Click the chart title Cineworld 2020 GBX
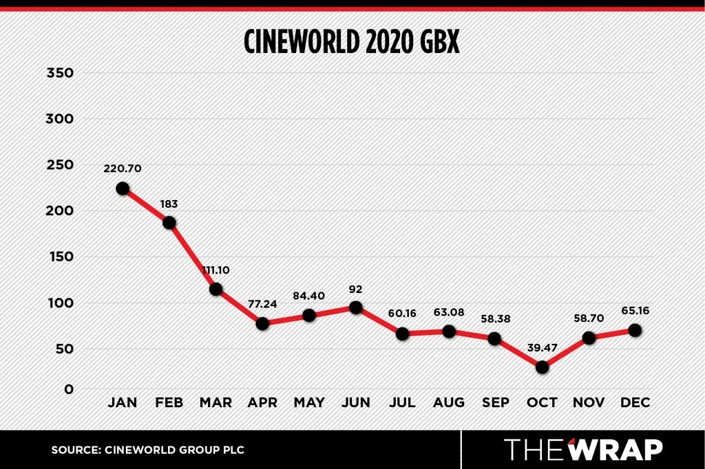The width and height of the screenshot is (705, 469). [x=352, y=42]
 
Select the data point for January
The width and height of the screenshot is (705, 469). [x=123, y=188]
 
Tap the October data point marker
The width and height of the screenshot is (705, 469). [x=543, y=367]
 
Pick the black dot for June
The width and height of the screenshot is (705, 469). [x=356, y=307]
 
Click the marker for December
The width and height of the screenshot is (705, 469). [x=635, y=330]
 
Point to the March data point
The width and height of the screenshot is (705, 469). [x=215, y=289]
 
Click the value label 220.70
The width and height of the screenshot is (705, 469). [x=123, y=168]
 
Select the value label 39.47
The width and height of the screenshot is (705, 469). [x=543, y=348]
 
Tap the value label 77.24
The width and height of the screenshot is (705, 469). [x=262, y=304]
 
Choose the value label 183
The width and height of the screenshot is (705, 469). [x=169, y=204]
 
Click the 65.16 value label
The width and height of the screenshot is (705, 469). [x=635, y=310]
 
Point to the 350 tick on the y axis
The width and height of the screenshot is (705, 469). [x=60, y=73]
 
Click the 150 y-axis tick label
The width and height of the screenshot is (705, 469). [x=60, y=257]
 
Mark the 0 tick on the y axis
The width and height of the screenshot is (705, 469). [x=69, y=389]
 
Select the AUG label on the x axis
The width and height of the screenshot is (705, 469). [x=449, y=402]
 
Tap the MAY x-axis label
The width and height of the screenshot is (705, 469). [x=309, y=402]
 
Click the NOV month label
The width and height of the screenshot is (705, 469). [x=589, y=402]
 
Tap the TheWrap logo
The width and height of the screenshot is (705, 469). [x=583, y=449]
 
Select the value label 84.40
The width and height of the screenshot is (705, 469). [x=309, y=296]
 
